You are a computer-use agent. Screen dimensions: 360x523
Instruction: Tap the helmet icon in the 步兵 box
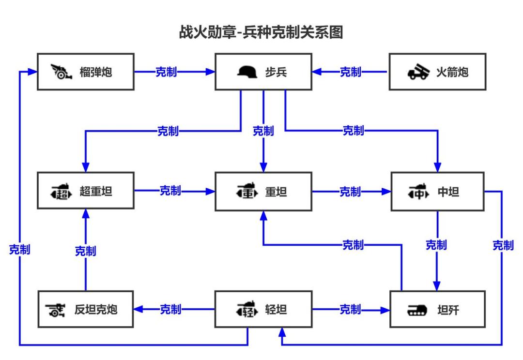[x=248, y=72]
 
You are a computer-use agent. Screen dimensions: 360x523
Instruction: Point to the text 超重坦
[x=96, y=192]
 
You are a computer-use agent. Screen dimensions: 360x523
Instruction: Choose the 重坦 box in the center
[x=263, y=192]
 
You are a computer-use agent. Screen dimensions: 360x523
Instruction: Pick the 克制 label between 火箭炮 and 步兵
[x=350, y=72]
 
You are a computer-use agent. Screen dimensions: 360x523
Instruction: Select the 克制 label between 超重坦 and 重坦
[x=170, y=191]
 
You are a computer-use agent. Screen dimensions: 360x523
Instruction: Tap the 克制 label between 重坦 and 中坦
[x=350, y=192]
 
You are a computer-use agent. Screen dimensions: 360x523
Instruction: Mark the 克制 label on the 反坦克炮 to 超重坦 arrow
[x=85, y=251]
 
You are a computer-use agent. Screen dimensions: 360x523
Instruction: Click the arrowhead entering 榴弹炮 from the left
[x=33, y=72]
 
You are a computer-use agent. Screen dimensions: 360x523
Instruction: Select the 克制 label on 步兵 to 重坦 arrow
[x=263, y=131]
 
